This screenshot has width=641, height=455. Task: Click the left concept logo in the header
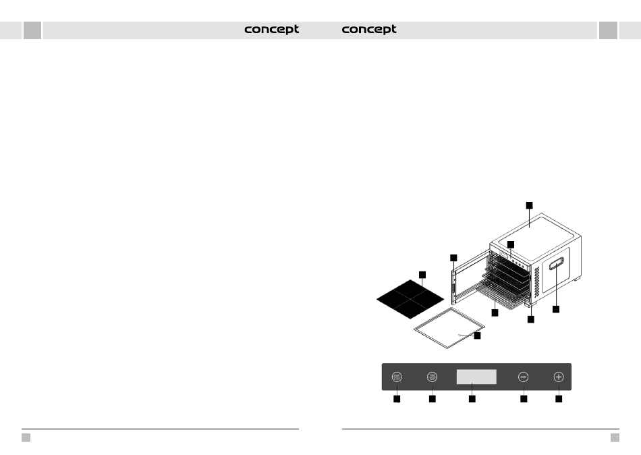coord(271,30)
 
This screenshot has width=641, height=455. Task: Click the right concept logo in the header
coord(369,30)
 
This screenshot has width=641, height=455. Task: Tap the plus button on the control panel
coord(558,377)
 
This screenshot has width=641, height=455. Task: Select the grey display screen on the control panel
coord(476,377)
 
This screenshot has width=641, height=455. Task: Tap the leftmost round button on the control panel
coord(397,377)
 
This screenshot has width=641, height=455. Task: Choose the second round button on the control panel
coord(432,377)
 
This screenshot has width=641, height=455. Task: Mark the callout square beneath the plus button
coord(559,400)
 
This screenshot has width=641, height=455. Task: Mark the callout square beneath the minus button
coord(524,400)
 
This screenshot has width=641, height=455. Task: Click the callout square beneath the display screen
coord(472,400)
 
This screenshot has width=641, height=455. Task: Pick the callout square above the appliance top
coord(529,204)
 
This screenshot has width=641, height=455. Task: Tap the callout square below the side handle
coord(556,309)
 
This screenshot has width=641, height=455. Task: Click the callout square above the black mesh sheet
coord(422,274)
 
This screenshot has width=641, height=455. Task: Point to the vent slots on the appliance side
coord(538,279)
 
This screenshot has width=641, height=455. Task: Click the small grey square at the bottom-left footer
coord(26,437)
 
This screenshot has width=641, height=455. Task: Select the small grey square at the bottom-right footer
coord(615,437)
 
